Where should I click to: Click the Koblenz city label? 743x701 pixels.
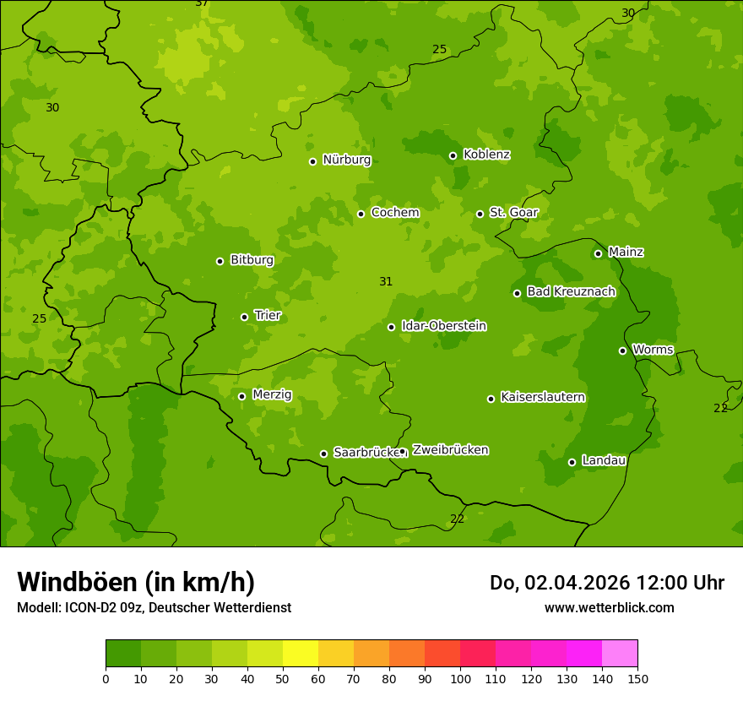486,155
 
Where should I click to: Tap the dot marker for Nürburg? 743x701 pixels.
312,161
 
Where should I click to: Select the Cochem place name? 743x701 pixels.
394,213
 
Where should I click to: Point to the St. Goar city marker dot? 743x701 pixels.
480,214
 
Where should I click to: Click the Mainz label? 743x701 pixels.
626,253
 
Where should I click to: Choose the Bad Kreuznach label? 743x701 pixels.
571,292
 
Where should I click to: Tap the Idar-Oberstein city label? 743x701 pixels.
443,326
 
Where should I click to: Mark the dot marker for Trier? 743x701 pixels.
244,317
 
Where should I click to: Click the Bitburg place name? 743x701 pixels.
252,260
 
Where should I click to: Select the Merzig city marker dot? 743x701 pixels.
241,396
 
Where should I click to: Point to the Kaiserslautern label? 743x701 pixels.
543,398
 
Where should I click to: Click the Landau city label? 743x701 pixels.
604,461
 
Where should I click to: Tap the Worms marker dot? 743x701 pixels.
622,350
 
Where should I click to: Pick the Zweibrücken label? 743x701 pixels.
450,450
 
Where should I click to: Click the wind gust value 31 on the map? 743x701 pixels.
386,281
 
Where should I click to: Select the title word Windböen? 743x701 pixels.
76,582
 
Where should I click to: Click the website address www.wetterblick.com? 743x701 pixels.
609,607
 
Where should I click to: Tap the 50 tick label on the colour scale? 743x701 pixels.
283,678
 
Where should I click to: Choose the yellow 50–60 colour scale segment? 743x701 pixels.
301,653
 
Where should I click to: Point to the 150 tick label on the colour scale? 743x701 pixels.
637,678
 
